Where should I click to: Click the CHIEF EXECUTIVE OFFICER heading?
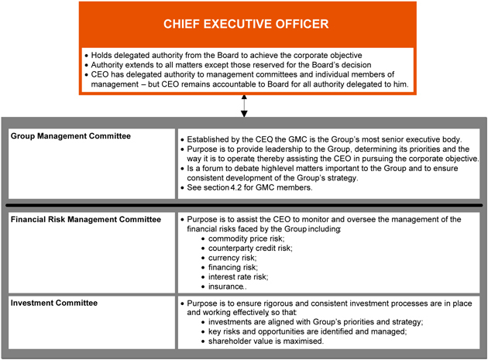245,24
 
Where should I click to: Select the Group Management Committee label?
71,136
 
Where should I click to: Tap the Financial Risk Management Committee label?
86,220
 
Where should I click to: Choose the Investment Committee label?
55,303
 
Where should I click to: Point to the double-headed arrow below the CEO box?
245,106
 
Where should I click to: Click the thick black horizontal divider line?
244,205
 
